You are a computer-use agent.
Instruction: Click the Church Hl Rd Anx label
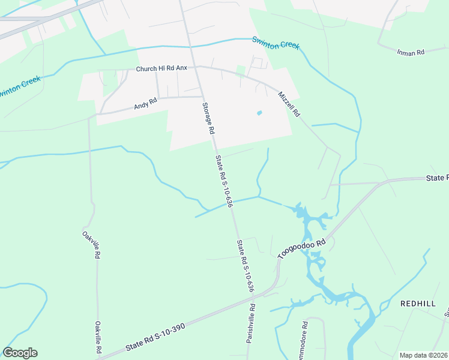[161, 69]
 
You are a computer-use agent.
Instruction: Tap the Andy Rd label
[145, 106]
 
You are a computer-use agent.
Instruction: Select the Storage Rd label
[207, 118]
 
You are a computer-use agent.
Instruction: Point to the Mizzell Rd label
[289, 104]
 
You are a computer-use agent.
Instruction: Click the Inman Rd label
[411, 53]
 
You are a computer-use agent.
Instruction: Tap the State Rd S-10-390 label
[155, 338]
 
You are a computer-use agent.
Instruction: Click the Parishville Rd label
[252, 323]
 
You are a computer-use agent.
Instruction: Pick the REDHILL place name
[418, 304]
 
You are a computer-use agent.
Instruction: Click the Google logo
[20, 353]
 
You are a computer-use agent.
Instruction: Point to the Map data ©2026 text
[423, 355]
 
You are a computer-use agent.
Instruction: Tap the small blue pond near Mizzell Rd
[259, 113]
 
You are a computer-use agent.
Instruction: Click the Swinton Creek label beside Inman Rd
[276, 43]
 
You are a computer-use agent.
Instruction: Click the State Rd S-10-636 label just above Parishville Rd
[245, 266]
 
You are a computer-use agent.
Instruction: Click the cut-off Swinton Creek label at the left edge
[20, 86]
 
